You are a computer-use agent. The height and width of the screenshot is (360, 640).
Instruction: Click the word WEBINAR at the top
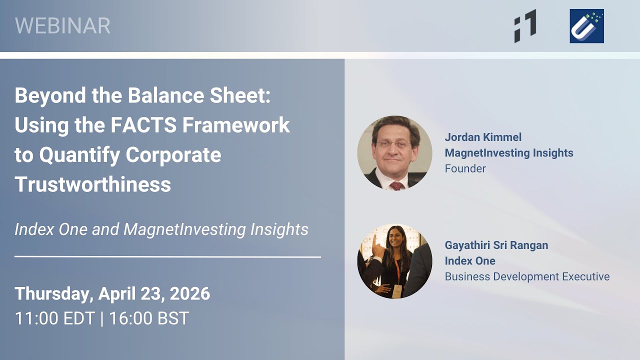tap(62, 26)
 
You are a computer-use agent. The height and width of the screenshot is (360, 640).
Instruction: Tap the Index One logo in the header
tap(525, 26)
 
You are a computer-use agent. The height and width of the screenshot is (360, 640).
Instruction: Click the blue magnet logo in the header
tap(586, 26)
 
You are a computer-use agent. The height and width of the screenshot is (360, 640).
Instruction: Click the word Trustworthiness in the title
tap(93, 184)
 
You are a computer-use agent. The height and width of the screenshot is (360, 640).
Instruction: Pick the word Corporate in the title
tap(173, 155)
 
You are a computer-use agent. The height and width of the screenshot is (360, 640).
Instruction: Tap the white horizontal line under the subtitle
tap(167, 257)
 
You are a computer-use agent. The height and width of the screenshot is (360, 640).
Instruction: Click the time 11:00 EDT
tap(54, 318)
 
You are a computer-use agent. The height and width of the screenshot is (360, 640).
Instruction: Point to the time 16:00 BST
tap(149, 318)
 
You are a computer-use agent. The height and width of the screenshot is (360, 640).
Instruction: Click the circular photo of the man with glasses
tap(394, 152)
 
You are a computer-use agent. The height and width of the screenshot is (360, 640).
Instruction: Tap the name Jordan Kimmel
tap(483, 137)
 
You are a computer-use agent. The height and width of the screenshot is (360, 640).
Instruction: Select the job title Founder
tap(465, 168)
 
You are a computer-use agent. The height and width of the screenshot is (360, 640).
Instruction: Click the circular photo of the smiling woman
tap(394, 260)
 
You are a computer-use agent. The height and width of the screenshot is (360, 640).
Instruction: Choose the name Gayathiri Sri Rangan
tap(496, 245)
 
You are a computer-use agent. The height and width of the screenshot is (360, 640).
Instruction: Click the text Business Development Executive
tap(527, 276)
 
